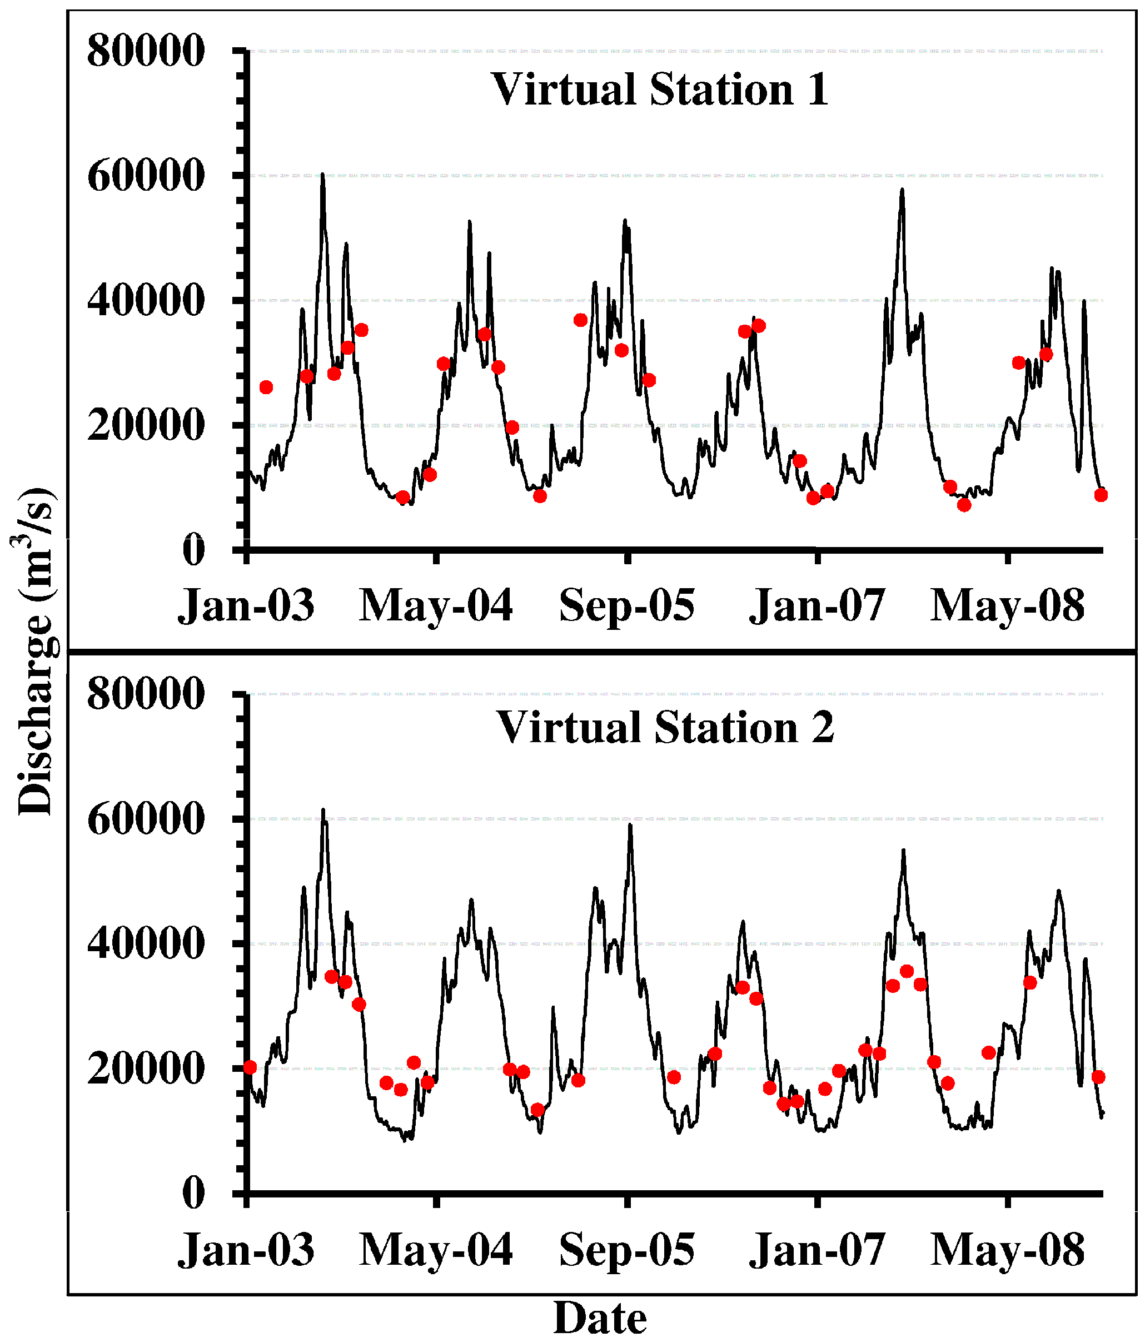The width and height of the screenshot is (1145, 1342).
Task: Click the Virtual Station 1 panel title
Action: point(660,90)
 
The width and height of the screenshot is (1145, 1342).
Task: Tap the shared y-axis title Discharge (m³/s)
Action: point(34,651)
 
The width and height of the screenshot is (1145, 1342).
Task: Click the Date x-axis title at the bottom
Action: point(600,1319)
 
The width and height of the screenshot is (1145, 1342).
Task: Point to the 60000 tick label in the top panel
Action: point(146,176)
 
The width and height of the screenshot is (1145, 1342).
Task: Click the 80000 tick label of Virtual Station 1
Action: point(146,51)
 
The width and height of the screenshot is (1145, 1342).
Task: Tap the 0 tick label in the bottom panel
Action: point(193,1192)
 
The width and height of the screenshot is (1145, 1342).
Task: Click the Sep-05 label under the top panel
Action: point(626,605)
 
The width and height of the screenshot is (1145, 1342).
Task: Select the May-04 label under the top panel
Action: point(436,605)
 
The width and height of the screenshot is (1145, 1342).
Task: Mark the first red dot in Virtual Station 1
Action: point(266,387)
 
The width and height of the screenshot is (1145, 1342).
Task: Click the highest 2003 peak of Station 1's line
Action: point(322,175)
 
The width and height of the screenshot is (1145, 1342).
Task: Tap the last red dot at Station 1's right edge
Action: point(1101,495)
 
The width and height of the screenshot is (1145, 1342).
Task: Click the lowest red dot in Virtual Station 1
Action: point(964,505)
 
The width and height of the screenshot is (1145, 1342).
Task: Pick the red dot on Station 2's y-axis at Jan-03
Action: point(250,1067)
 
